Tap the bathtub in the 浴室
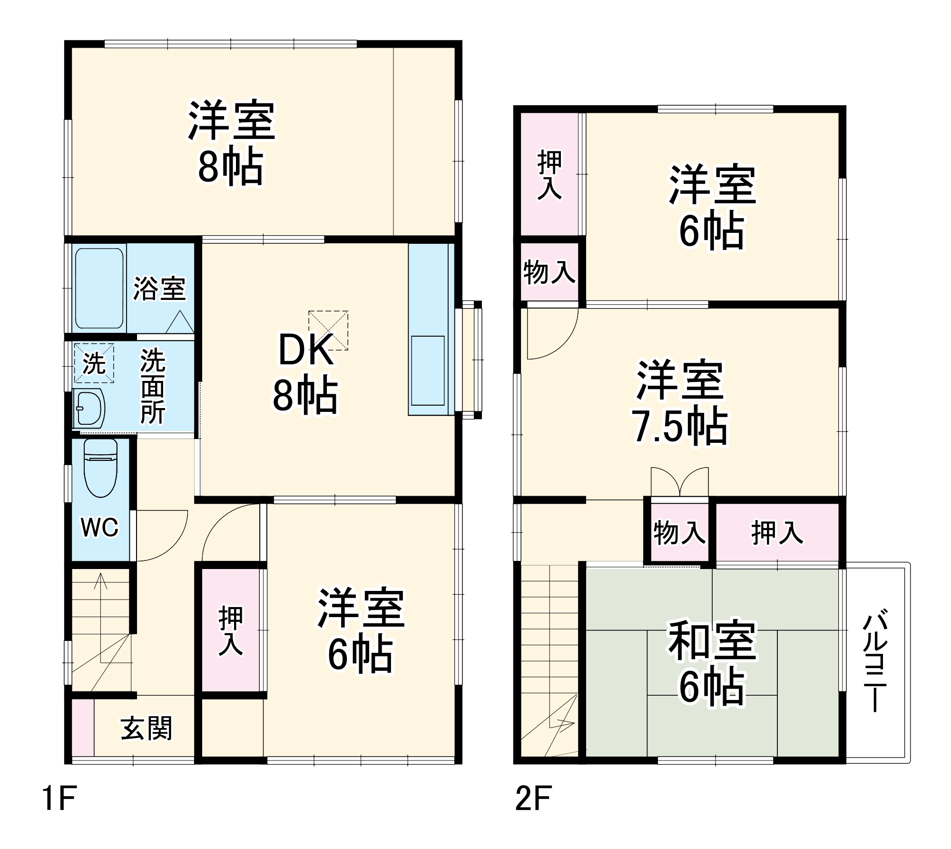pos(99,288)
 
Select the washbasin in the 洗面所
pos(89,408)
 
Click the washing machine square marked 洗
pos(94,364)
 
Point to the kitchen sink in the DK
pos(428,370)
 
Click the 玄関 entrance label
pos(146,728)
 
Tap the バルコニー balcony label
pos(875,662)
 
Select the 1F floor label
pos(59,799)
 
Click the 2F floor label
pos(533,799)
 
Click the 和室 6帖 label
pos(712,662)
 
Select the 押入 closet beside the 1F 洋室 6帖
pos(231,630)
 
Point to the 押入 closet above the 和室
pos(777,532)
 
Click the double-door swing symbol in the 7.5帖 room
pos(679,482)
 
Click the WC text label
pos(99,527)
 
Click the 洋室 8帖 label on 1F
pos(231,142)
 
